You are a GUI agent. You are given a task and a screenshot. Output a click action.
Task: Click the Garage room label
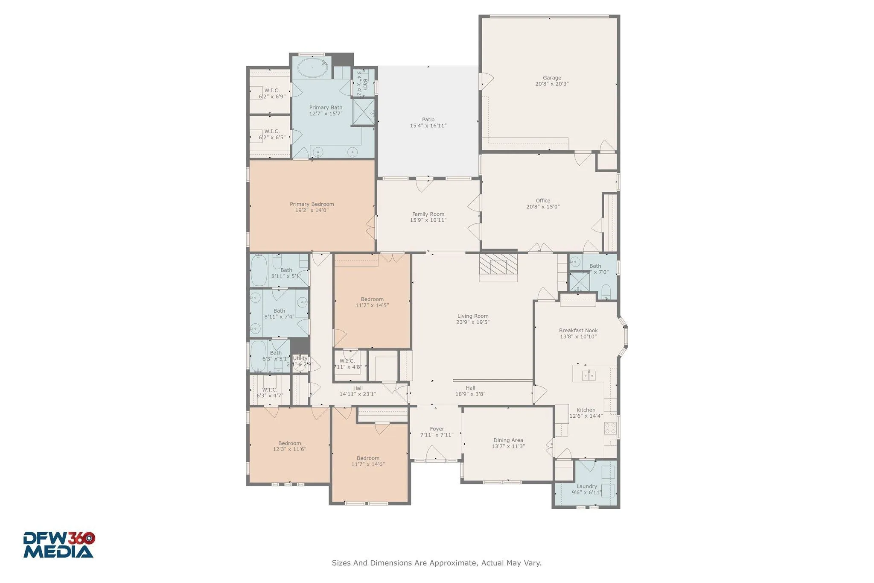(552, 78)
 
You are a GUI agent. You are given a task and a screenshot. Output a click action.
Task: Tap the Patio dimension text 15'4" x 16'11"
(428, 126)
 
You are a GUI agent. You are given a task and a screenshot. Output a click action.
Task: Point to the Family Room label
(428, 214)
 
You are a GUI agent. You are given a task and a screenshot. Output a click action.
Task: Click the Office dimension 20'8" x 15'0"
(543, 207)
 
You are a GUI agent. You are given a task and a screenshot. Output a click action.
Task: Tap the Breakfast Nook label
(578, 331)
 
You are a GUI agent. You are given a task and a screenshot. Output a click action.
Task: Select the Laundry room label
(586, 486)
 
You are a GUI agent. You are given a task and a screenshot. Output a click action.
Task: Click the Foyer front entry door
(436, 454)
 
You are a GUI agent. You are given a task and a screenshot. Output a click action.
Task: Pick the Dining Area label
(508, 440)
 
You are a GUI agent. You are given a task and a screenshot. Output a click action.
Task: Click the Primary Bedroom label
(312, 204)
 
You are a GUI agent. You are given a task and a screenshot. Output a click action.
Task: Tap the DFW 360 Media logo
(58, 545)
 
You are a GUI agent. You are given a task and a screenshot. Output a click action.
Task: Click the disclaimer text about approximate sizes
(437, 563)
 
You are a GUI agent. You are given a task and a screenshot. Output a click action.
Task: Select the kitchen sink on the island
(588, 375)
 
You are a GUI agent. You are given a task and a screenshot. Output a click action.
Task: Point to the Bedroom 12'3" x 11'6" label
(289, 443)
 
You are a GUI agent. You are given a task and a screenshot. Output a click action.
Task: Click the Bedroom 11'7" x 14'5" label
(372, 299)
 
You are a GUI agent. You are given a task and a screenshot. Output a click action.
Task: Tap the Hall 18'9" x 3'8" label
(470, 388)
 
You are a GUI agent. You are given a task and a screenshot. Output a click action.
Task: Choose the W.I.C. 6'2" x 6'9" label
(272, 91)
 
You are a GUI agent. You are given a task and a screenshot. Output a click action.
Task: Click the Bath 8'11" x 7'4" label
(279, 311)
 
